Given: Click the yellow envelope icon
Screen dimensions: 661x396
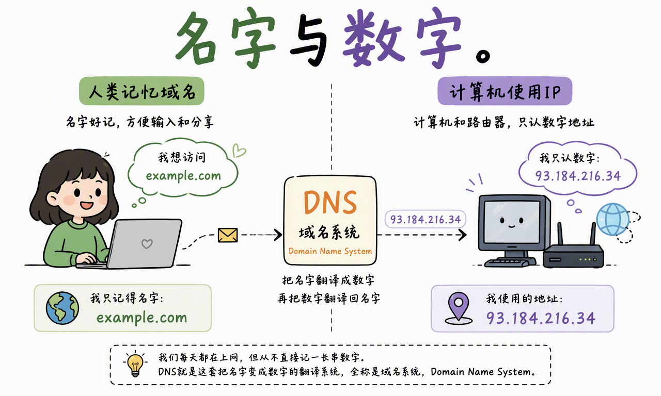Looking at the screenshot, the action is point(228,235).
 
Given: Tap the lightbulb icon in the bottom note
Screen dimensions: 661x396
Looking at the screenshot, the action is point(135,365).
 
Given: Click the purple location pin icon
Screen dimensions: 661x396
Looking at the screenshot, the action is point(459,308).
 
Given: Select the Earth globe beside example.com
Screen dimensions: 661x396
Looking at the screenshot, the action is point(62,308).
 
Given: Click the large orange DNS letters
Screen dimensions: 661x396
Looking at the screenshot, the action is point(330,202).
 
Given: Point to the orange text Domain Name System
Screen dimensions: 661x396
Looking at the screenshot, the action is point(330,251).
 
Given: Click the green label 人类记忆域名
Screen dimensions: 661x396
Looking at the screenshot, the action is point(141,91).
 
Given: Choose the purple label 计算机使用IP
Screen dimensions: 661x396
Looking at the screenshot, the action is point(505,91).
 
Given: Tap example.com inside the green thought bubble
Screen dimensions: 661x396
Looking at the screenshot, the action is point(183,176).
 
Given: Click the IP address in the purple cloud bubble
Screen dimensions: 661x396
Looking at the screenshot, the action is point(578,176).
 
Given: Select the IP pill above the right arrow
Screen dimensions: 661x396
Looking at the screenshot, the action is point(425,219).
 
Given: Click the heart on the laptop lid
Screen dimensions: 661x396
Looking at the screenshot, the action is point(147,244).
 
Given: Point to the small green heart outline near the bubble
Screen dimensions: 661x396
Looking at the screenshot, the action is point(239,150).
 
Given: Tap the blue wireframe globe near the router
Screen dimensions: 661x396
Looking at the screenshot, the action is point(612,219).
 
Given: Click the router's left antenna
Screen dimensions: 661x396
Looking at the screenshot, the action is point(560,234).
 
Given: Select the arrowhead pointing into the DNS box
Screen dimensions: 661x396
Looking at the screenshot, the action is point(278,235).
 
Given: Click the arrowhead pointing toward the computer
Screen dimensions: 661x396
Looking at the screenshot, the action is point(462,235).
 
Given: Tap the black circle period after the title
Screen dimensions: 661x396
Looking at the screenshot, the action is point(483,56).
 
